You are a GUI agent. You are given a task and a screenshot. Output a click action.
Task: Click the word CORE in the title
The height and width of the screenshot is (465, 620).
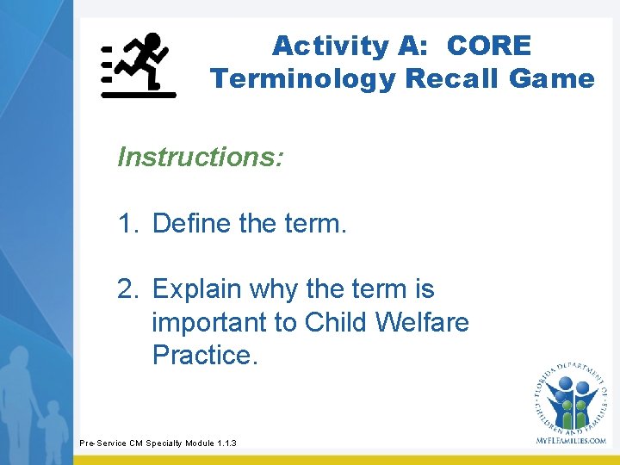pos(490,46)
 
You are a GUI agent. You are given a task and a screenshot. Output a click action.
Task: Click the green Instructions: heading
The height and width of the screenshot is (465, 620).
pos(201,157)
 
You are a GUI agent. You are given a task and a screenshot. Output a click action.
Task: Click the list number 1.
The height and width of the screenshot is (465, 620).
pos(127,224)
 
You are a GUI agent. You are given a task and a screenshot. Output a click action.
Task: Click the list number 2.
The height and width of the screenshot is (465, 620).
pos(127,289)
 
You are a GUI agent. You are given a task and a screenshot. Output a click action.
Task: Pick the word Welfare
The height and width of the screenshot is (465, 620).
pos(422,322)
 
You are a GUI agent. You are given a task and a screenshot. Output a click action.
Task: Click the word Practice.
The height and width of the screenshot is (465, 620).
pos(204,354)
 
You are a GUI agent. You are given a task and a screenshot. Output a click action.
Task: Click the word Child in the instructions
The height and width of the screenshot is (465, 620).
pos(332,322)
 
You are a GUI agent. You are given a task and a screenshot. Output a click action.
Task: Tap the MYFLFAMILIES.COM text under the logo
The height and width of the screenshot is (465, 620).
pos(571,440)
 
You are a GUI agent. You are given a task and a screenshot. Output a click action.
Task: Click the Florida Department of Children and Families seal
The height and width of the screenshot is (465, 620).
pos(570,396)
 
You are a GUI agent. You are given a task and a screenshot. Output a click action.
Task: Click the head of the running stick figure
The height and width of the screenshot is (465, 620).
pos(152,40)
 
